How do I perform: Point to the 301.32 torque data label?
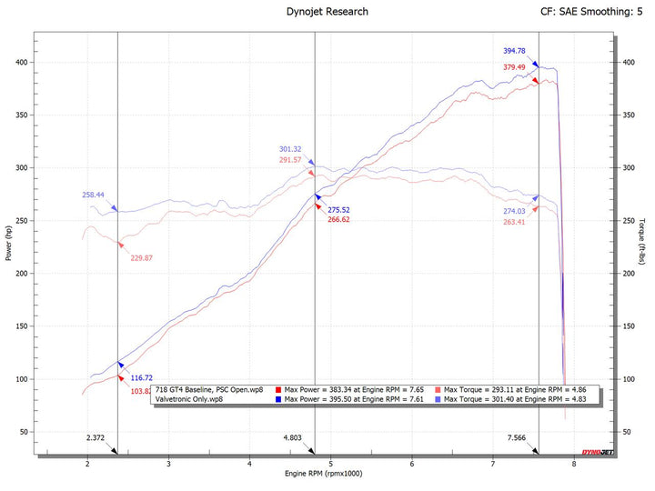pos(290,149)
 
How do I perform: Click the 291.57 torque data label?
pos(290,160)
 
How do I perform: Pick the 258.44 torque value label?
pos(94,195)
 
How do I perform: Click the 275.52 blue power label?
pos(339,210)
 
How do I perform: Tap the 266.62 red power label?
pos(339,220)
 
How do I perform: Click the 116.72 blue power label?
pos(143,377)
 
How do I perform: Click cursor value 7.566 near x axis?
pos(521,438)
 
